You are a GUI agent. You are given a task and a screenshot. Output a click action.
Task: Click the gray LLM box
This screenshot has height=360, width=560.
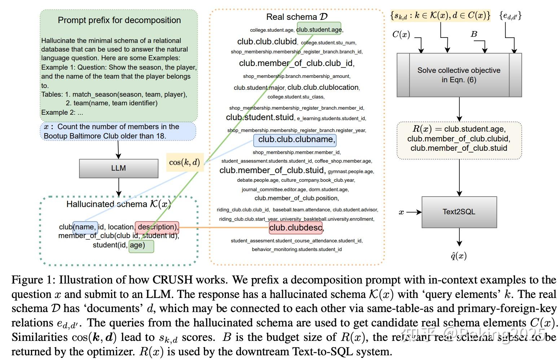click(118, 168)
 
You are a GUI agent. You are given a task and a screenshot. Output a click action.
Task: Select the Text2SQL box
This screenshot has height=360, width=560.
click(459, 212)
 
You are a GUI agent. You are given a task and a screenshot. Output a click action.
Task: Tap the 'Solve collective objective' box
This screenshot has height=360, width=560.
click(459, 75)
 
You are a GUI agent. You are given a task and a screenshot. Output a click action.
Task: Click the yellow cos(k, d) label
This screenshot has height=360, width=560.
click(184, 162)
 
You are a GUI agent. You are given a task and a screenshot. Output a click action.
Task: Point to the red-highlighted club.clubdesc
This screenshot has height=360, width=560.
click(296, 228)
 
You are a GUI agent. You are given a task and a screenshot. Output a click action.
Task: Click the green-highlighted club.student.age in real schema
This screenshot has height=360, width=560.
click(319, 30)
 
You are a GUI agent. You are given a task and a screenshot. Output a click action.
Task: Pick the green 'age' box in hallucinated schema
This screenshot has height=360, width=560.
click(141, 246)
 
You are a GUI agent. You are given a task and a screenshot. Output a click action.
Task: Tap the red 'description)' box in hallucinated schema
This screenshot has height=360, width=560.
click(157, 227)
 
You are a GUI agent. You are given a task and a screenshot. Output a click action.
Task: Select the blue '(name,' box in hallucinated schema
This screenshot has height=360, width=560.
click(85, 227)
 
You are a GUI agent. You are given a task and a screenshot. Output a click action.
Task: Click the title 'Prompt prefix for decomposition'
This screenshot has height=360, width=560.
click(119, 20)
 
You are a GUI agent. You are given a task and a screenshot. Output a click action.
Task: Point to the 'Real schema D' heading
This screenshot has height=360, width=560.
click(297, 17)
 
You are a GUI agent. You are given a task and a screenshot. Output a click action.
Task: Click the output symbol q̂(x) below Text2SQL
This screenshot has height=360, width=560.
click(459, 256)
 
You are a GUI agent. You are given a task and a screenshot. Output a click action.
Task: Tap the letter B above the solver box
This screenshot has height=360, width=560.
click(474, 34)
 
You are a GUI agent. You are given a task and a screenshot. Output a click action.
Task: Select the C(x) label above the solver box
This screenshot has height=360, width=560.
click(401, 35)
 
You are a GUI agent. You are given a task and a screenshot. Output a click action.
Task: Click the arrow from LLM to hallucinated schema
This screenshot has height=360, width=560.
click(118, 187)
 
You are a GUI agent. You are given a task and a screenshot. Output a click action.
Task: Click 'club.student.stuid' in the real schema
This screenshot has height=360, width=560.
click(259, 118)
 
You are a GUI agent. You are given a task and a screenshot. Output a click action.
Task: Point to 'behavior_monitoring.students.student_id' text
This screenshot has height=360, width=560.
click(297, 249)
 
